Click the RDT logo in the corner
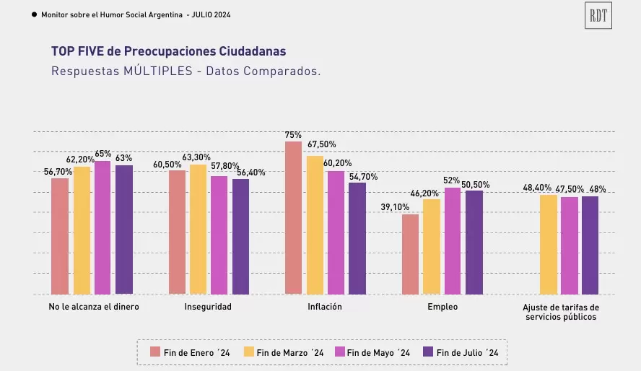598,15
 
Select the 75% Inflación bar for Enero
293,218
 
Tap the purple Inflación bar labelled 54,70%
357,238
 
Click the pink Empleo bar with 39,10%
410,254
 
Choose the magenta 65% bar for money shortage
103,227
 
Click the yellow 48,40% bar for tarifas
548,244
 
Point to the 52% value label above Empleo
452,180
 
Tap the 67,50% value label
322,144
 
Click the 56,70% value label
57,172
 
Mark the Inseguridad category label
209,307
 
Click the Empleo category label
442,307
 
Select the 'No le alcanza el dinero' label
94,307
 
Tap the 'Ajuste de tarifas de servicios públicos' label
561,312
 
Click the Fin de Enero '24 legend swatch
155,352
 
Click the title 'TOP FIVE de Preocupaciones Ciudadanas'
168,51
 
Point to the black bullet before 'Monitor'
35,14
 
